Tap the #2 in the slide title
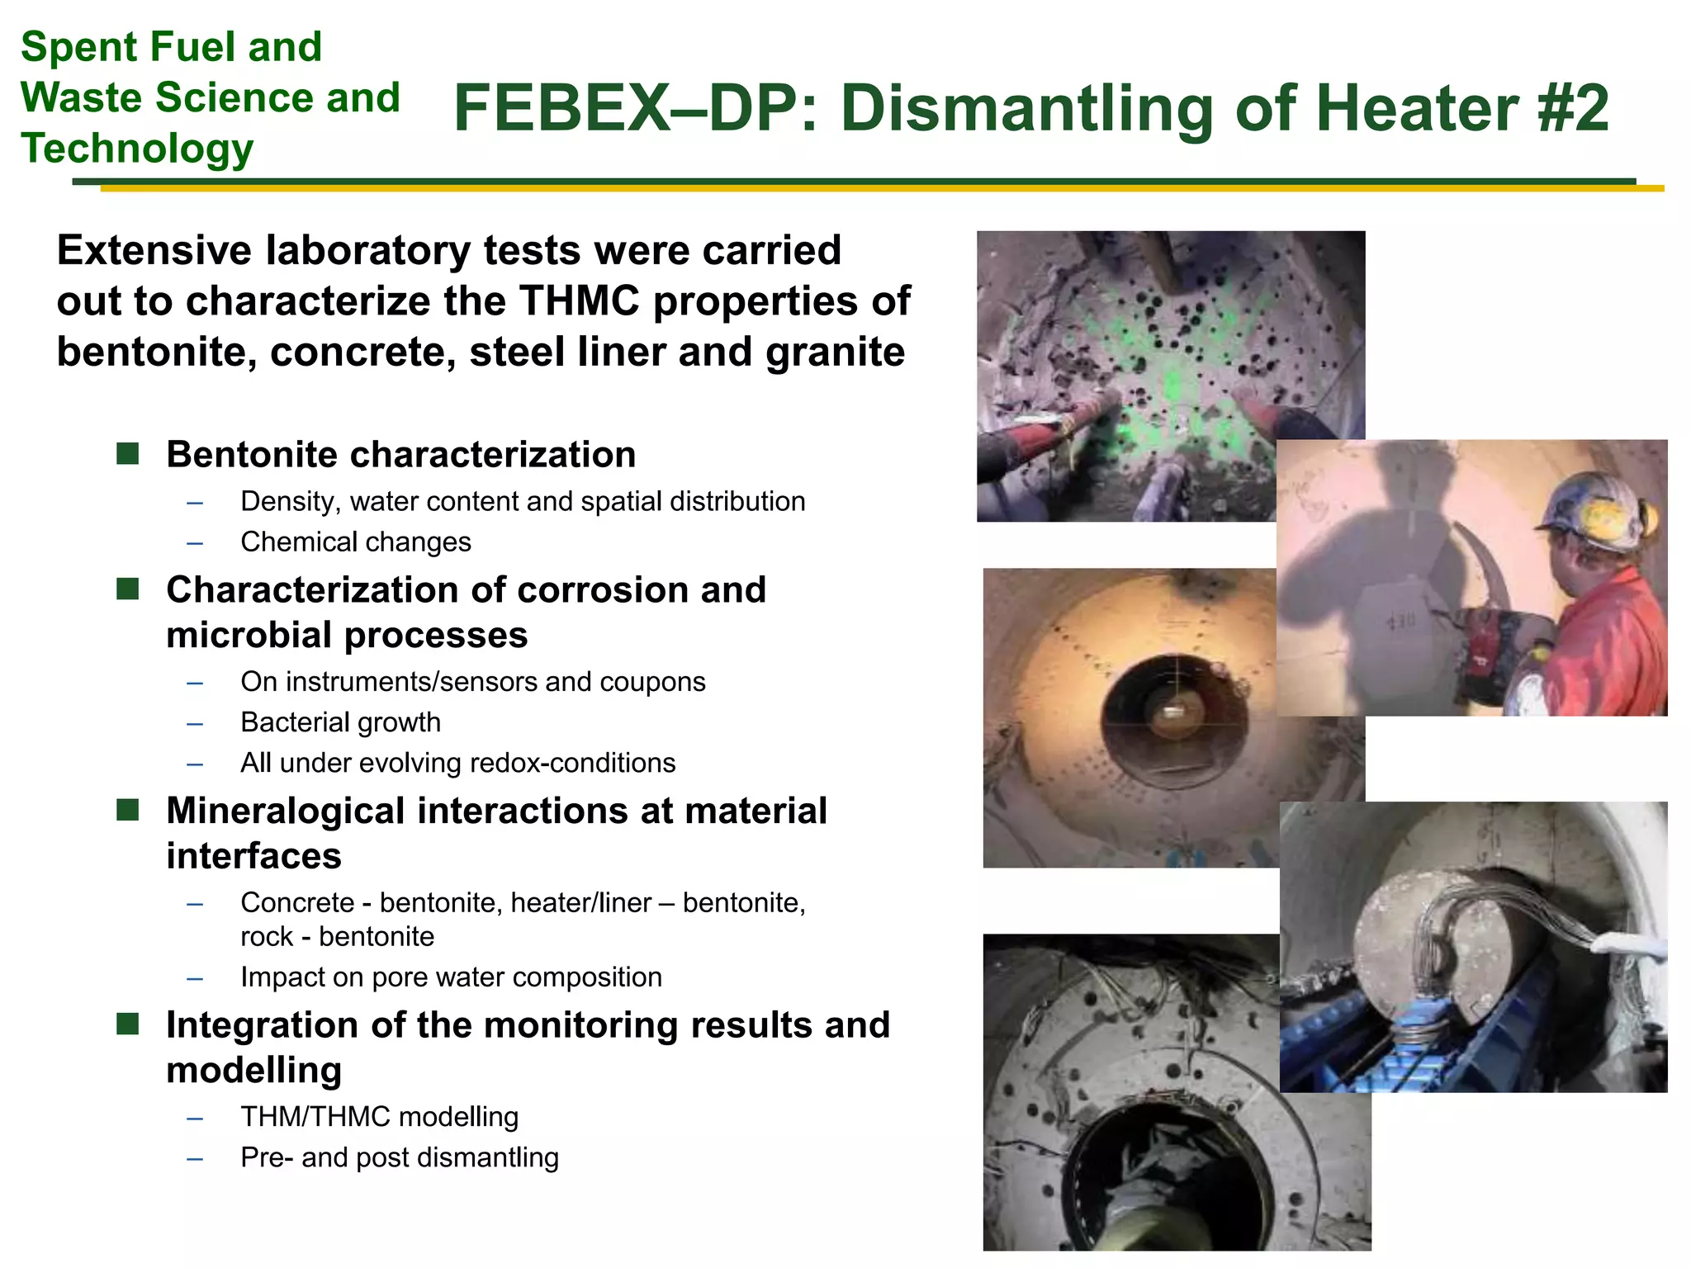1574,109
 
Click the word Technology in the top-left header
137,149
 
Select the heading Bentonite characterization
401,455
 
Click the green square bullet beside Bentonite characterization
128,453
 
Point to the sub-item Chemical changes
356,542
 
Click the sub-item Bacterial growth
340,722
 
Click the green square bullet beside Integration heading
128,1024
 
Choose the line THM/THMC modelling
379,1117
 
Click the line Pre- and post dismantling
400,1157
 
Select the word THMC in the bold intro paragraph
580,301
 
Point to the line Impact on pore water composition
451,977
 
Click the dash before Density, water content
195,503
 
